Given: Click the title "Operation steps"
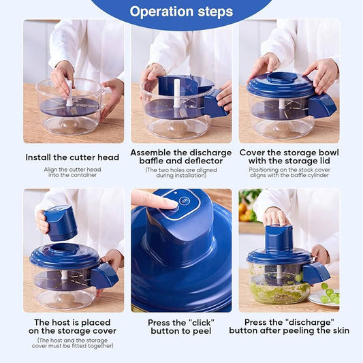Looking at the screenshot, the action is click(181, 12).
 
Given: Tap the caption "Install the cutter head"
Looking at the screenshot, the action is click(72, 157).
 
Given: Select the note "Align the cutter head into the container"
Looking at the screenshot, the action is click(72, 172).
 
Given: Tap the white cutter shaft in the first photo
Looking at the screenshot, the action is click(69, 93).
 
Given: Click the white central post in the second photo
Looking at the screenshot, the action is click(176, 93).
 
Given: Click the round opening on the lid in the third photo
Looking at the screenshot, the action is click(282, 77).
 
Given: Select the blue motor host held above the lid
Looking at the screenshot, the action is click(60, 223).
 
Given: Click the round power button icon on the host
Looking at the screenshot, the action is click(184, 201).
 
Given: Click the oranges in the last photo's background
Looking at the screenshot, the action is click(245, 212).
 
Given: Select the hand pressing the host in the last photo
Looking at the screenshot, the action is click(276, 217).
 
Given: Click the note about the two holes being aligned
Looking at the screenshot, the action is click(181, 173).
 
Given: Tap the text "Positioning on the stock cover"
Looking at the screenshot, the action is click(289, 170).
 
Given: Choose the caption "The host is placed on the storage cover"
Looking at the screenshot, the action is click(72, 327).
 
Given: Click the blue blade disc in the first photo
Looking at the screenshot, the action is click(69, 108).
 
